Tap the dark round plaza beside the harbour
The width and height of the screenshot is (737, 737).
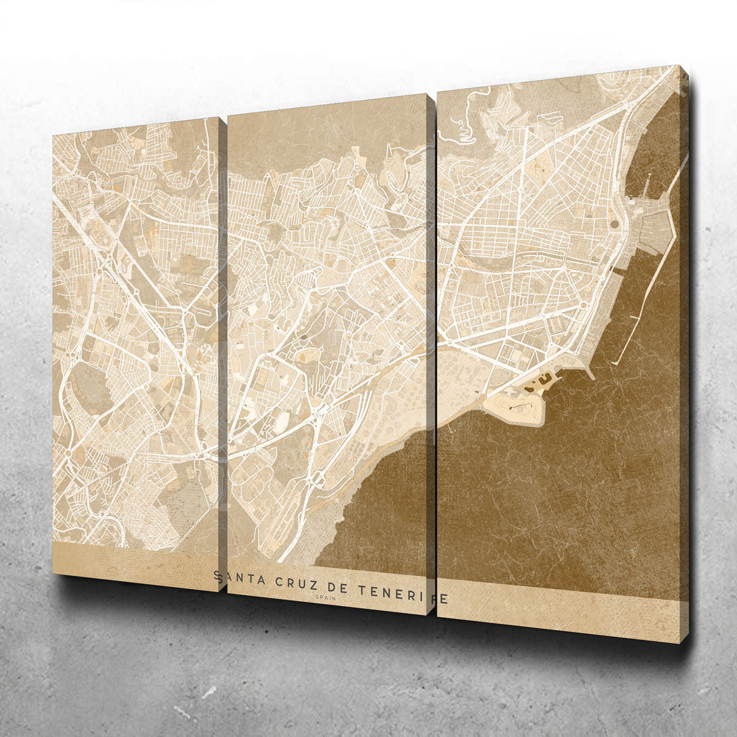[614, 224]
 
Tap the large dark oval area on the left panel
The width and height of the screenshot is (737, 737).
[89, 387]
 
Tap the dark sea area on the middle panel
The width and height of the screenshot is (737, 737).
[381, 510]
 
